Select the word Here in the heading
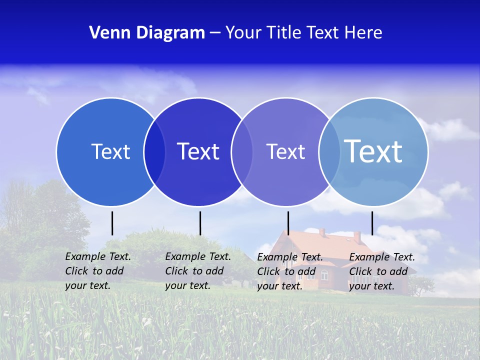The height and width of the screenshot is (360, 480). (363, 33)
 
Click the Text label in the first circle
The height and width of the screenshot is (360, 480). (110, 151)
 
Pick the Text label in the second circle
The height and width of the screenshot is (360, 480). (198, 151)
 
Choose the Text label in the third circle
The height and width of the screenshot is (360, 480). (285, 151)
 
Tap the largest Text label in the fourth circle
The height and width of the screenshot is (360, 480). (373, 151)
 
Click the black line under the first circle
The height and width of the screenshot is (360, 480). (112, 223)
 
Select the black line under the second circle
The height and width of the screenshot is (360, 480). (200, 223)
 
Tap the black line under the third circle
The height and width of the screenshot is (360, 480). (288, 223)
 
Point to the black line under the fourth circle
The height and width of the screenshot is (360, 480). (372, 223)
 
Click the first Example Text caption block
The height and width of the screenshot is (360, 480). (98, 271)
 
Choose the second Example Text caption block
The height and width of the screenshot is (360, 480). (198, 271)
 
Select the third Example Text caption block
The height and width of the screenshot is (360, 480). (290, 271)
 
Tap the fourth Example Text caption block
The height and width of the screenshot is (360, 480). (382, 271)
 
